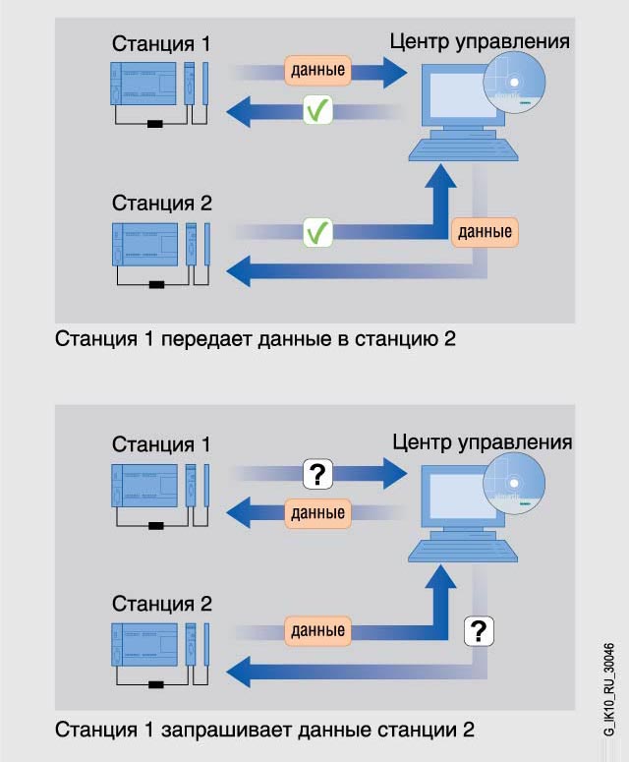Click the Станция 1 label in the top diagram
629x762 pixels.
(161, 44)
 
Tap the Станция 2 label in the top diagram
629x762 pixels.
(161, 204)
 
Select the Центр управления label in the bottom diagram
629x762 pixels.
(482, 440)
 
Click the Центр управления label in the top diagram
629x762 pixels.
(480, 41)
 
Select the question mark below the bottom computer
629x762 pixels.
(478, 628)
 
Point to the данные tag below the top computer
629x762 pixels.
(485, 233)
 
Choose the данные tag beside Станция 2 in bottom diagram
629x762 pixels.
(317, 629)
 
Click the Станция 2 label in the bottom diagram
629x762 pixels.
(161, 603)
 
